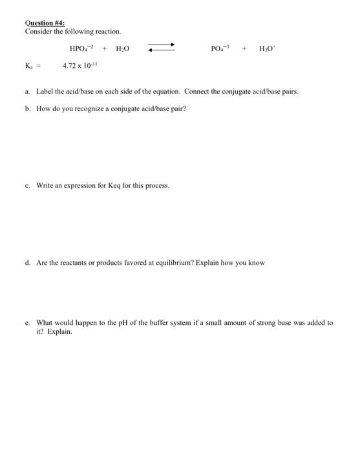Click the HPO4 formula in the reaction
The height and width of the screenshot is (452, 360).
pyautogui.click(x=81, y=48)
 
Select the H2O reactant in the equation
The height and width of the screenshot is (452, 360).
pyautogui.click(x=123, y=48)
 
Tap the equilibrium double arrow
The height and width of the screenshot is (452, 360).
pyautogui.click(x=162, y=48)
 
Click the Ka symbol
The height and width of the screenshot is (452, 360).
pyautogui.click(x=29, y=66)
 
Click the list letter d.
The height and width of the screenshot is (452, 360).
pyautogui.click(x=27, y=263)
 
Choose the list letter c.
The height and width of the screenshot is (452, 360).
pyautogui.click(x=27, y=185)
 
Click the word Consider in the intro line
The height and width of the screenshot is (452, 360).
pyautogui.click(x=37, y=32)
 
